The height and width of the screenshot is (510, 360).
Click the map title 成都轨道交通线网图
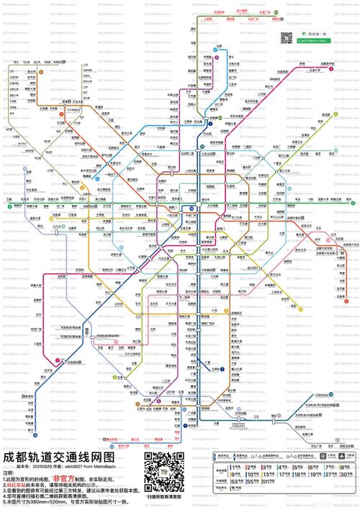click(x=59, y=455)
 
